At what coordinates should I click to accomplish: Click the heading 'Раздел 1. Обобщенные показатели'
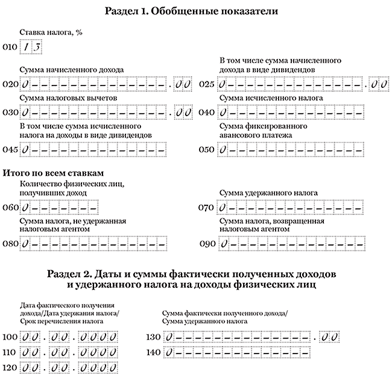point(195,11)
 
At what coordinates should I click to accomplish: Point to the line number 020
point(10,84)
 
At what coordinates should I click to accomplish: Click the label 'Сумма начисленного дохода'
point(72,70)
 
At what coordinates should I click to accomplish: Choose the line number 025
point(207,84)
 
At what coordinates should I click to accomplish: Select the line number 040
point(207,113)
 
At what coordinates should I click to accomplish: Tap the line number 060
point(10,208)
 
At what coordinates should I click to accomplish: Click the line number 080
point(10,244)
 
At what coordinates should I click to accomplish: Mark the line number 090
point(207,244)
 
